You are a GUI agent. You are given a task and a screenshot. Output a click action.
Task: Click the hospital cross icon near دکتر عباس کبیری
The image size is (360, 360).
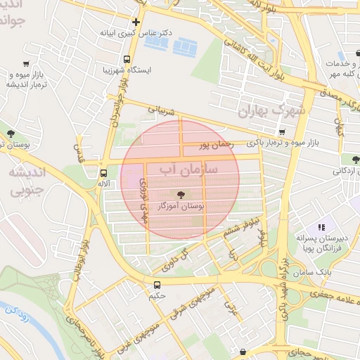(136, 22)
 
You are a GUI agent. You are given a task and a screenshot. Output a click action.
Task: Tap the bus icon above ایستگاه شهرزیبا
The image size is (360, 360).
(127, 59)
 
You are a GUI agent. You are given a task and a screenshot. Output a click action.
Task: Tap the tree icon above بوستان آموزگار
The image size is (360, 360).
(181, 194)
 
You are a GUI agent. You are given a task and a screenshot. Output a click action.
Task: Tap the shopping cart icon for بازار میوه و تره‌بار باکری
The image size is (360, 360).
(282, 131)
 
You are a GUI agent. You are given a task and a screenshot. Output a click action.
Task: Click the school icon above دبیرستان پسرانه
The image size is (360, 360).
(322, 227)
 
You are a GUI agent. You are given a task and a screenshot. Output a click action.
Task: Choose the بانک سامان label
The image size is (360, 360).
(314, 271)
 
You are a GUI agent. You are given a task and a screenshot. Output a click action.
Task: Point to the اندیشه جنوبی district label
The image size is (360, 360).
(26, 181)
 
